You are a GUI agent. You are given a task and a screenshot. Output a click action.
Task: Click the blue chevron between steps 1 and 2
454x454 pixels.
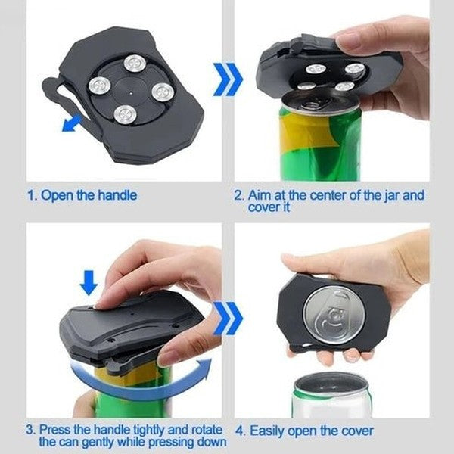click(228, 79)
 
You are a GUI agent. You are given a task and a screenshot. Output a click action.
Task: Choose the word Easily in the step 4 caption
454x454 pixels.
click(269, 432)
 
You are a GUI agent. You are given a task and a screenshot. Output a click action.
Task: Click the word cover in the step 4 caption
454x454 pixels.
click(356, 432)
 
